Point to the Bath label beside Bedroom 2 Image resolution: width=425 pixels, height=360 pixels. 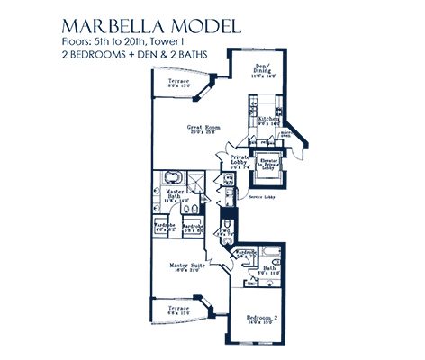(x=267, y=268)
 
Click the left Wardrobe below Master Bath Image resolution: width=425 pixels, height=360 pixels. (x=163, y=227)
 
